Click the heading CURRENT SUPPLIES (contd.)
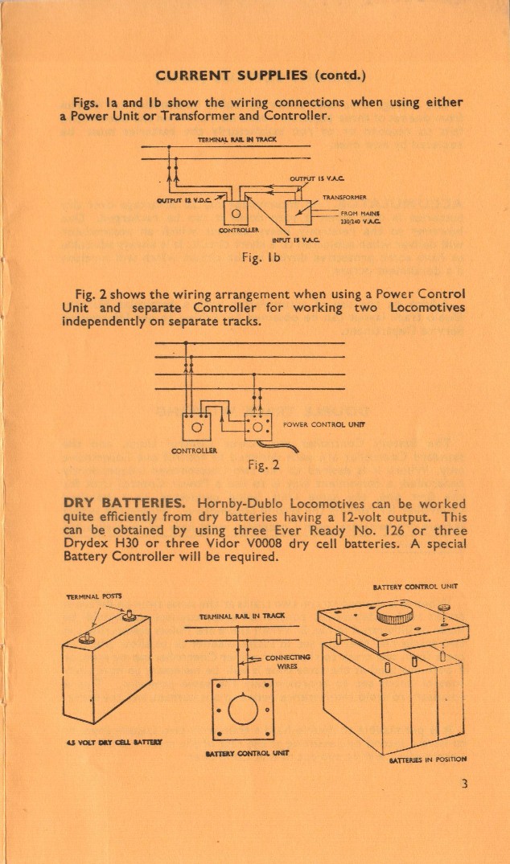tap(261, 76)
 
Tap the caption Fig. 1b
tap(261, 258)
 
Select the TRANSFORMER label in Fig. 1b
tap(344, 197)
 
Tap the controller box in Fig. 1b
tap(236, 213)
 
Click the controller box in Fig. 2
tap(196, 425)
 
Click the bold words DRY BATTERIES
tap(115, 504)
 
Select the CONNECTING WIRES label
tap(282, 661)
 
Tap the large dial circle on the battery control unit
tap(241, 709)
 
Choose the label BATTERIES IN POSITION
tap(427, 759)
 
